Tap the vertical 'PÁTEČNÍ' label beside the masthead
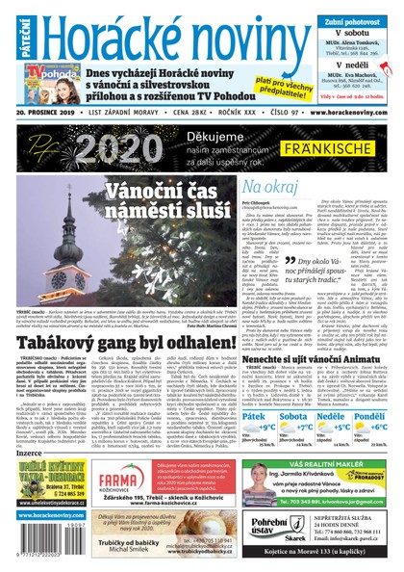click(11, 37)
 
